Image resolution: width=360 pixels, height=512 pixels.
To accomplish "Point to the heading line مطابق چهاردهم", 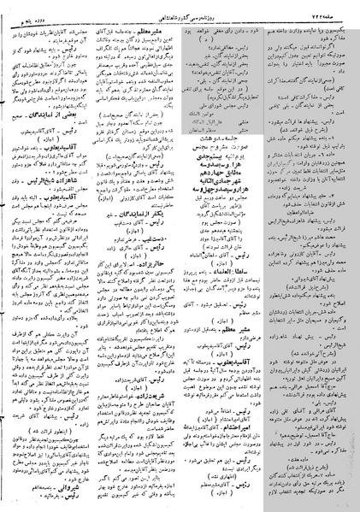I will pyautogui.click(x=222, y=150).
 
